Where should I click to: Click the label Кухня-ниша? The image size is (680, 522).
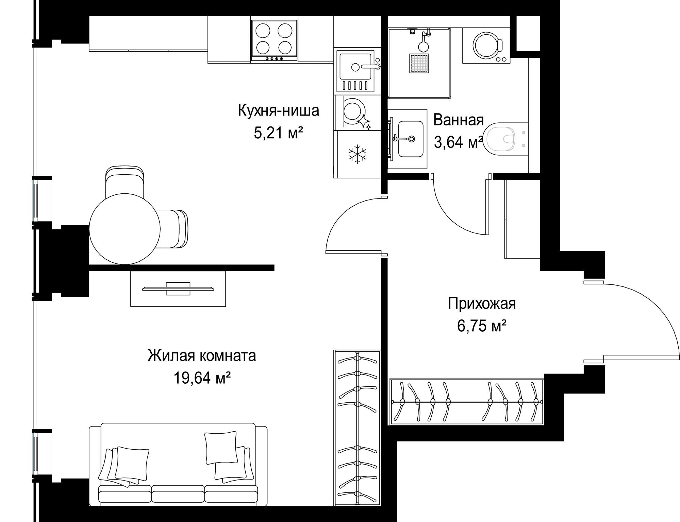(x=278, y=111)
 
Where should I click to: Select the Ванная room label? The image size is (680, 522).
(x=459, y=120)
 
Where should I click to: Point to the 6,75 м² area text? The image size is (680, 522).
(x=482, y=326)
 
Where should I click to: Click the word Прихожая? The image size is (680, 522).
(x=482, y=304)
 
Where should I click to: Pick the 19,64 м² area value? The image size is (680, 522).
(x=202, y=377)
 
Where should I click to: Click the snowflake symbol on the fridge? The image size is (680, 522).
(x=357, y=154)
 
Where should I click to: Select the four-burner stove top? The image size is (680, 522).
(x=274, y=41)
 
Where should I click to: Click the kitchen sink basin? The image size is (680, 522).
(x=355, y=67)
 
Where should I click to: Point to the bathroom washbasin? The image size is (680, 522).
(x=411, y=139)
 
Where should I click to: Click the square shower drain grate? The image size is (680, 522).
(x=419, y=63)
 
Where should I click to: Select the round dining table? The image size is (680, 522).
(x=125, y=229)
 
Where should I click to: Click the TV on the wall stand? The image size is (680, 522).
(x=178, y=289)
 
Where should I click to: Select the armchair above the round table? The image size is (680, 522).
(x=125, y=182)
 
